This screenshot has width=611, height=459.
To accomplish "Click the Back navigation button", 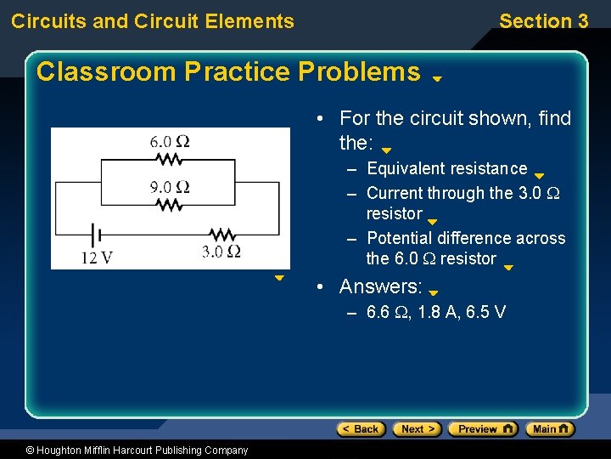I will pos(362,429).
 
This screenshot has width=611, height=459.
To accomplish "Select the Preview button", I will pos(482,429).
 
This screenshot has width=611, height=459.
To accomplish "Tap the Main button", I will pos(550,429).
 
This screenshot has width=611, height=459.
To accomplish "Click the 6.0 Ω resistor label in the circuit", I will pos(170,141).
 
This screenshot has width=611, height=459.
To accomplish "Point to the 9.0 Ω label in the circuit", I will pos(170,187).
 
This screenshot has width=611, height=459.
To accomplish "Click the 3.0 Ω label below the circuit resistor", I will pos(221,251).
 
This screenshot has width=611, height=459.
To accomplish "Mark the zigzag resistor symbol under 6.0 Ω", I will pos(171,159).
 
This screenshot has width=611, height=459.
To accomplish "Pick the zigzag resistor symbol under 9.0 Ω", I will pos(171,205).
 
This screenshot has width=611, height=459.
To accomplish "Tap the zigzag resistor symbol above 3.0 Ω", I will pos(221,233).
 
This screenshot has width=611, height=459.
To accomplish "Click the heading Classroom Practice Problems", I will pos(228,71).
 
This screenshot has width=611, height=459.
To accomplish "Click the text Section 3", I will pos(543,21).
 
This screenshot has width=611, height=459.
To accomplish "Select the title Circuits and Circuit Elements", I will pos(153,21).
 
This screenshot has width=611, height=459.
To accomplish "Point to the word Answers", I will pos(381,286).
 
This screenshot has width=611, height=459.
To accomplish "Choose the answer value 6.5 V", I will pos(486,312).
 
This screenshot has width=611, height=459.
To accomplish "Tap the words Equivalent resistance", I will pos(446,168).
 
